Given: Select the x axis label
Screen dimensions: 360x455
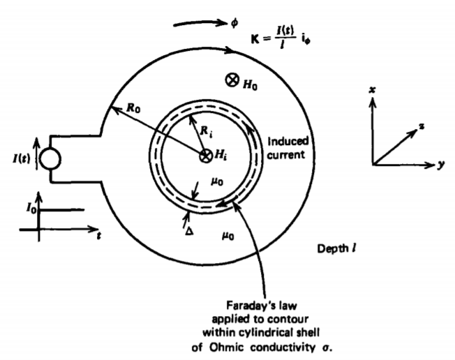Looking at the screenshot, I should (373, 89).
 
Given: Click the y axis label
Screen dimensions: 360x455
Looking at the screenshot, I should (444, 167).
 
